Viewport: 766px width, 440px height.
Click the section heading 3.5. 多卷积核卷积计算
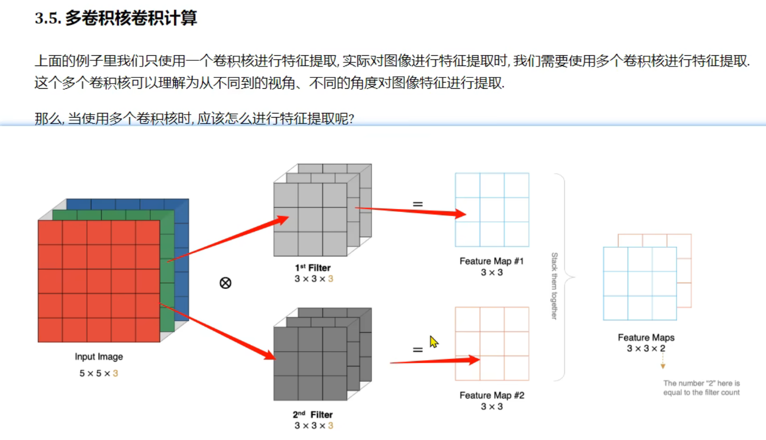[x=116, y=18]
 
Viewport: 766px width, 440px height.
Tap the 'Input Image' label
[x=99, y=356]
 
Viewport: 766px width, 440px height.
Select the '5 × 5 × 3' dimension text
[x=99, y=373]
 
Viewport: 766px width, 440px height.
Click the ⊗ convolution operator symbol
[x=225, y=283]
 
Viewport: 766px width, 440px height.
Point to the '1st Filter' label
[x=313, y=268]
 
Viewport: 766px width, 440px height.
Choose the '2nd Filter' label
[x=313, y=414]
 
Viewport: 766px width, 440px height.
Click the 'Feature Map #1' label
[x=491, y=261]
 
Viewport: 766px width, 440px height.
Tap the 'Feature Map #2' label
[x=492, y=395]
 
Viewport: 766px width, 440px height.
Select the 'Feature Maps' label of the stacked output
[x=646, y=337]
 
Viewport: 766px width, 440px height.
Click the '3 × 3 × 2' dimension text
[x=646, y=349]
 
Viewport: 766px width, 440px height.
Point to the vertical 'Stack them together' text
[x=555, y=286]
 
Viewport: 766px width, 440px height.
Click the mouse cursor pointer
[x=433, y=341]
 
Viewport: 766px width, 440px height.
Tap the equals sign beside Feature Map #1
[x=418, y=204]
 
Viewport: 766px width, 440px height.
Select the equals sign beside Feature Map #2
[x=418, y=350]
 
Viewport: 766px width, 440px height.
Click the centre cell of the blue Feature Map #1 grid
[x=492, y=209]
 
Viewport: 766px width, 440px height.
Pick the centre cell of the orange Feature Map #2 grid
[x=492, y=344]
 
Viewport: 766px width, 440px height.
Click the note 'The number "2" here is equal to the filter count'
[x=701, y=388]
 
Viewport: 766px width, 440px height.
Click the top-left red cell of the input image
[x=50, y=232]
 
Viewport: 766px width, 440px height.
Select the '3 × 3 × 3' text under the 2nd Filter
[x=314, y=426]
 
